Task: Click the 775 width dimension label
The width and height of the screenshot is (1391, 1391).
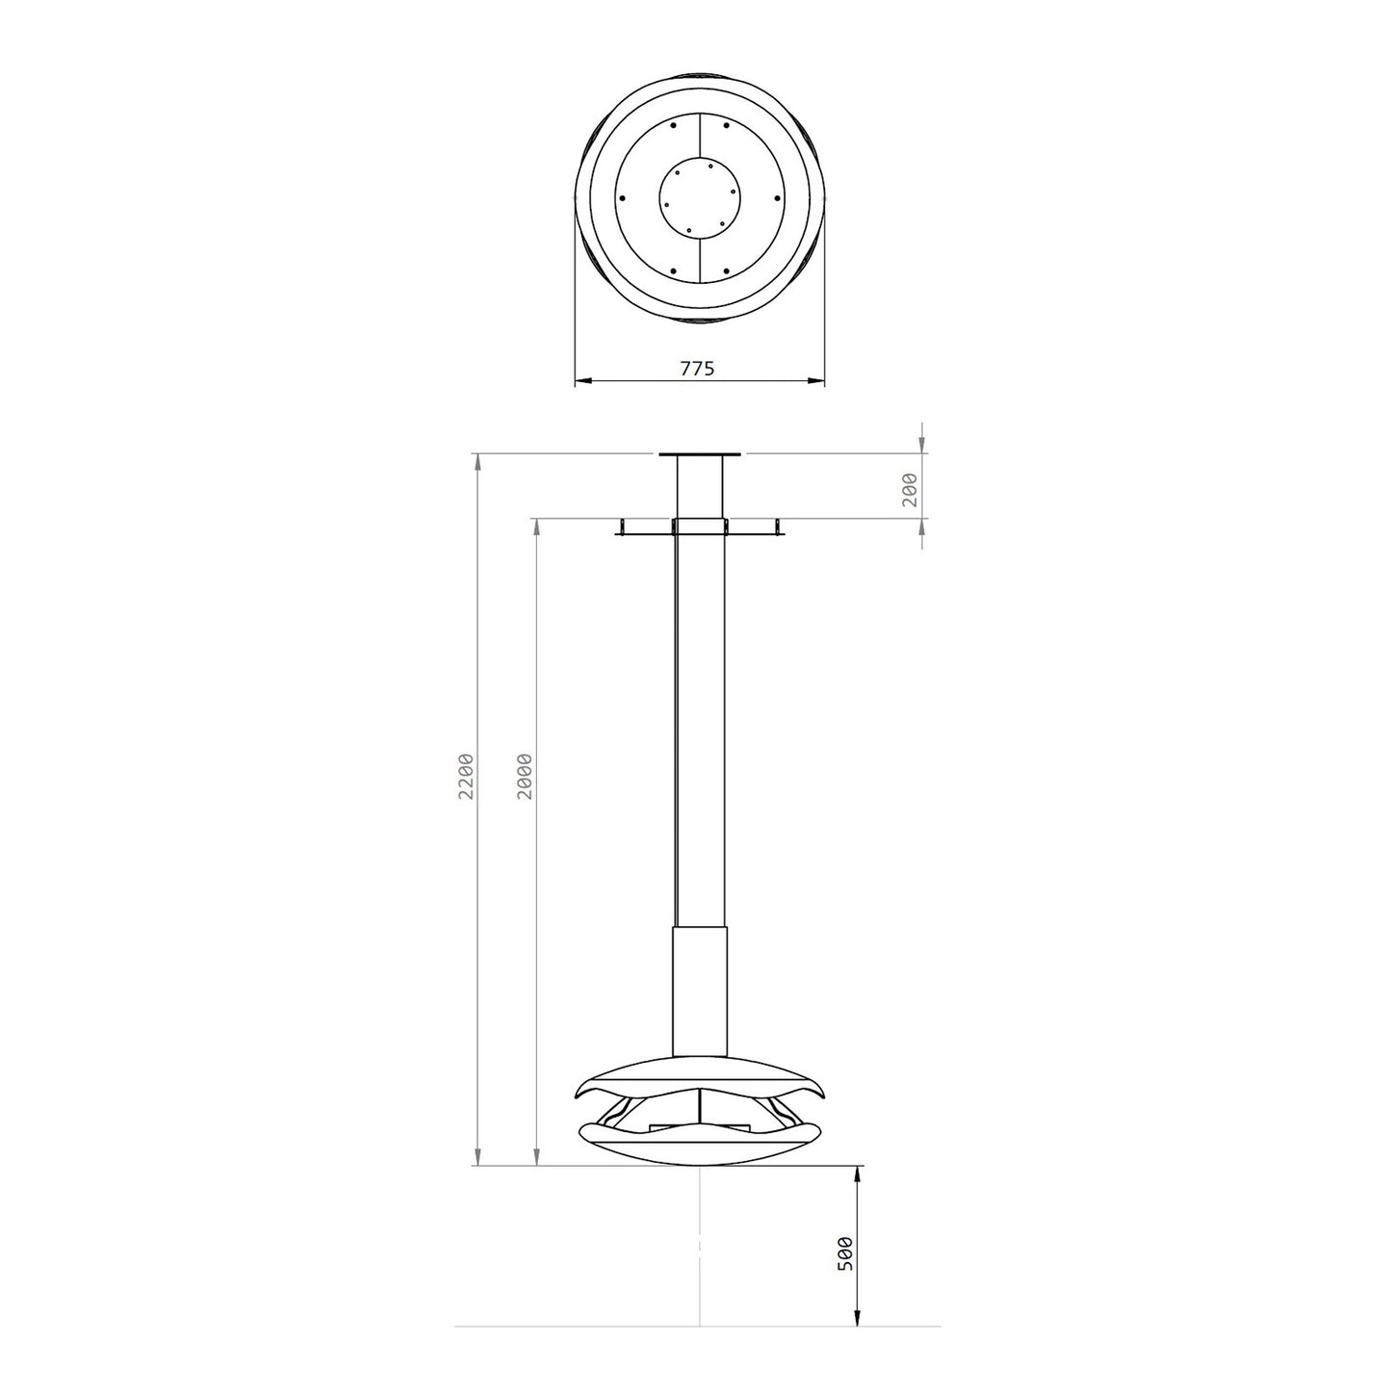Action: click(697, 368)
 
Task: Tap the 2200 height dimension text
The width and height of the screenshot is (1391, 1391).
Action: click(466, 777)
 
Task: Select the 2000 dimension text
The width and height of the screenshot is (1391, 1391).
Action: click(525, 777)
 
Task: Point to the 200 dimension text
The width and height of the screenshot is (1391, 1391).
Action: click(910, 489)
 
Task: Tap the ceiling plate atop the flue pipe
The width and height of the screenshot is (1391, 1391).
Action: click(699, 454)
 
